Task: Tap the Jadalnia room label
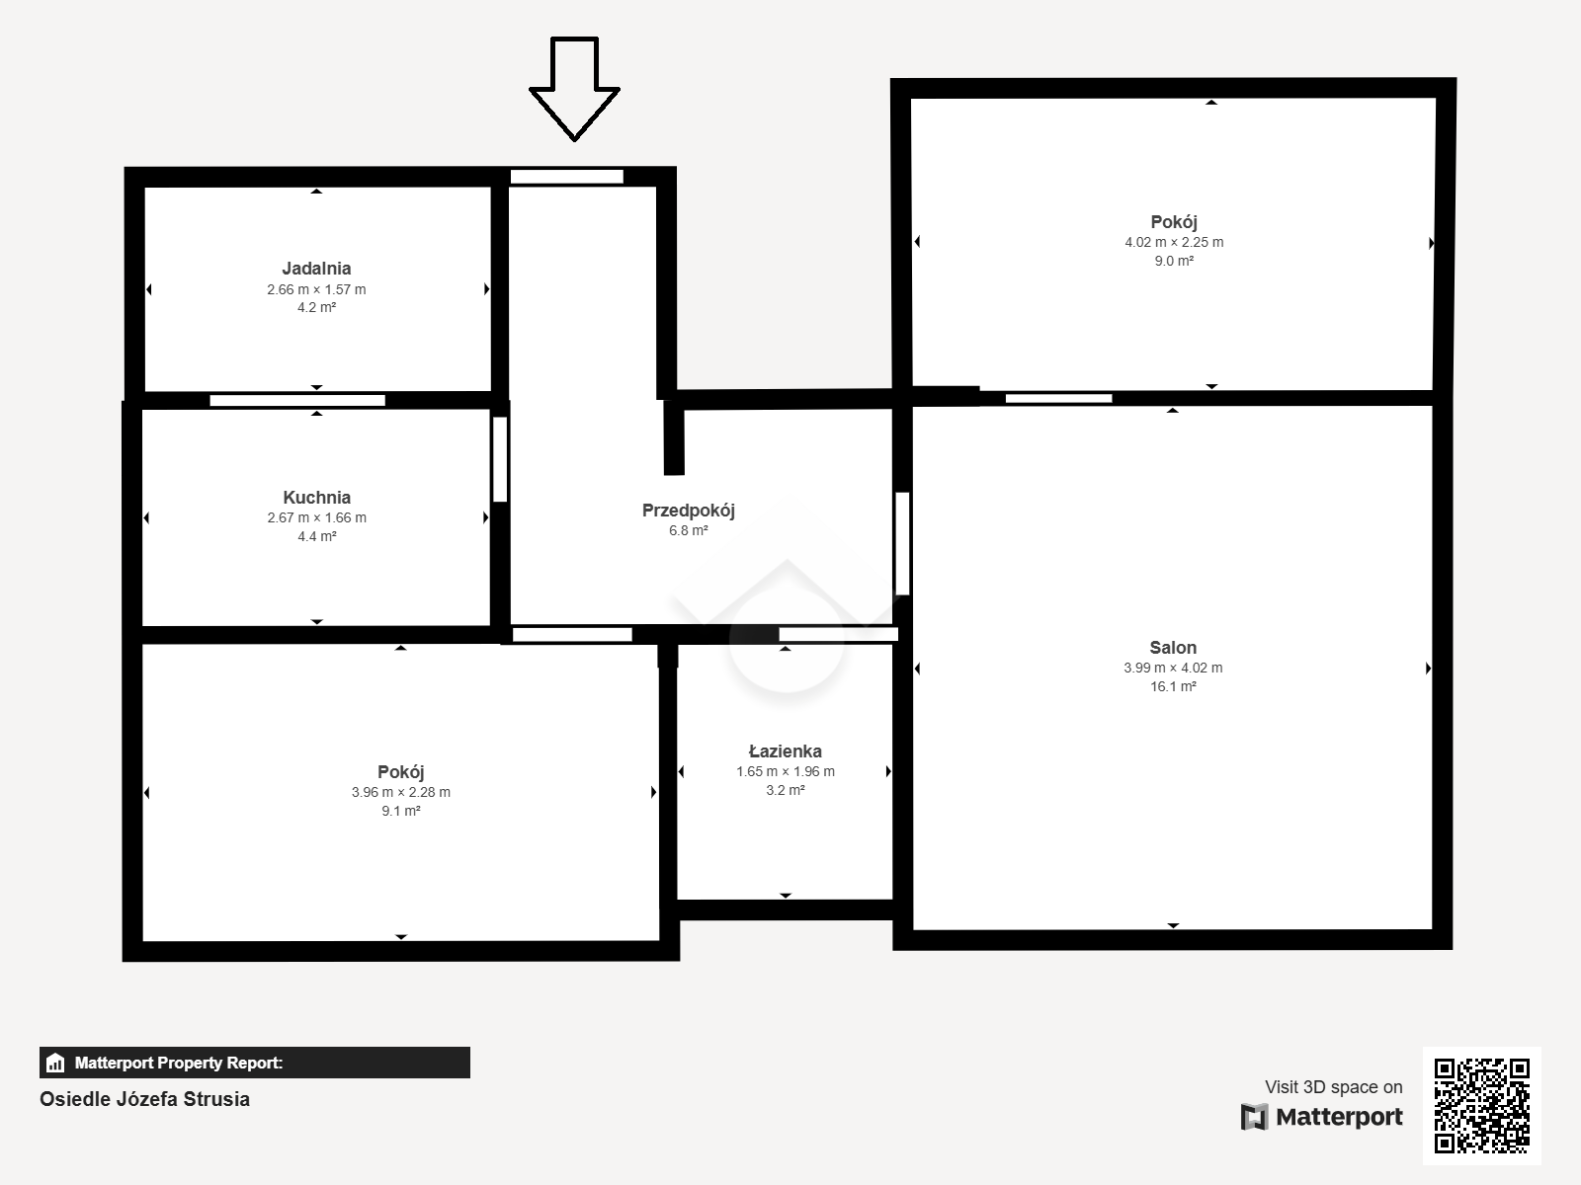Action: pyautogui.click(x=316, y=269)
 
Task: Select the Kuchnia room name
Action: pyautogui.click(x=317, y=497)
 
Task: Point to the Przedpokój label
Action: pyautogui.click(x=689, y=511)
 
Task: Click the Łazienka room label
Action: pyautogui.click(x=786, y=751)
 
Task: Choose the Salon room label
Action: pyautogui.click(x=1173, y=648)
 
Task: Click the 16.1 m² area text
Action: pyautogui.click(x=1173, y=686)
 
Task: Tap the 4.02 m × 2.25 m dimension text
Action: pyautogui.click(x=1174, y=243)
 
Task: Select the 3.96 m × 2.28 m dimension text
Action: pyautogui.click(x=400, y=792)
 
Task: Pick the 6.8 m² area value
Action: pyautogui.click(x=689, y=531)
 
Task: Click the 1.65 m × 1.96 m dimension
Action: pyautogui.click(x=786, y=771)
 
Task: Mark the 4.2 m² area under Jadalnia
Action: pyautogui.click(x=316, y=307)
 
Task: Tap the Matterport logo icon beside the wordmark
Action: pyautogui.click(x=1254, y=1117)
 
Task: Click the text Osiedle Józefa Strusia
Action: pyautogui.click(x=145, y=1099)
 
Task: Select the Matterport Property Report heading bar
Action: pyautogui.click(x=254, y=1063)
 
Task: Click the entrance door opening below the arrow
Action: pyautogui.click(x=567, y=177)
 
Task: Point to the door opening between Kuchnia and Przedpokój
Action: pyautogui.click(x=500, y=459)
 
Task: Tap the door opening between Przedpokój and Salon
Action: pyautogui.click(x=902, y=544)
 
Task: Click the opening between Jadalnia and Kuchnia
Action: pyautogui.click(x=297, y=400)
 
